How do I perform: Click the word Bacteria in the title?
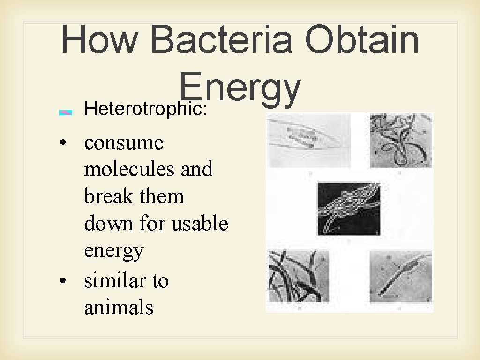click(223, 40)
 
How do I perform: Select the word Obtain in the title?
click(361, 40)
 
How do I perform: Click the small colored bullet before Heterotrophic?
click(66, 112)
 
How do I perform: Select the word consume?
click(124, 142)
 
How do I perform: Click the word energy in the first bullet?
click(113, 251)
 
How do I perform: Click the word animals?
click(119, 307)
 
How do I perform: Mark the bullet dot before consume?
click(63, 143)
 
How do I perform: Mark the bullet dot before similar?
click(63, 282)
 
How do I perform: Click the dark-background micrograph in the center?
click(349, 209)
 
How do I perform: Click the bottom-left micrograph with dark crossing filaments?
click(299, 277)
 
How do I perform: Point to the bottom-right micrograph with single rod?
click(401, 277)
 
